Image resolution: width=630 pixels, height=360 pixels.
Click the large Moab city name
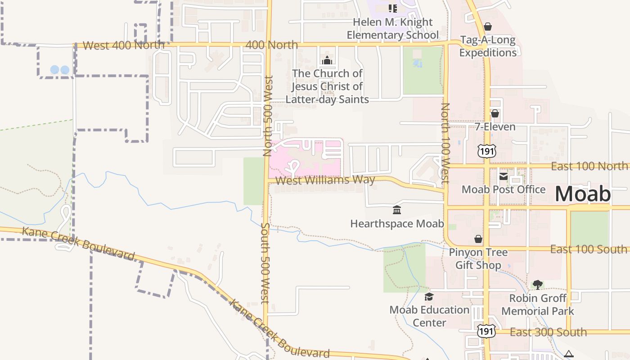click(583, 194)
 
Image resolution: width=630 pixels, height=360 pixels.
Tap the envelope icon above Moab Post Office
click(504, 176)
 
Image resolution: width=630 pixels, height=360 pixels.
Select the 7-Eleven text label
click(495, 127)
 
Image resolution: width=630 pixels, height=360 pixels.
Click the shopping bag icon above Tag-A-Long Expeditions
click(488, 27)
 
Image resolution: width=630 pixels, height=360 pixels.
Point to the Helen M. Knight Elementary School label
click(392, 28)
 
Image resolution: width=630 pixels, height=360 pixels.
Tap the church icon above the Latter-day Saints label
click(327, 60)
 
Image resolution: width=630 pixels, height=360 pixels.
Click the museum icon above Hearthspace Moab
click(397, 210)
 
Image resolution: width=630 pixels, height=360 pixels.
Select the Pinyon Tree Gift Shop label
click(478, 259)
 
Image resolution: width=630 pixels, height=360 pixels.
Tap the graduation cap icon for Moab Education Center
click(429, 297)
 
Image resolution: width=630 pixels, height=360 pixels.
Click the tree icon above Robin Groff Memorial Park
click(537, 284)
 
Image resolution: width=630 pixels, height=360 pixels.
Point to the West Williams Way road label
click(325, 180)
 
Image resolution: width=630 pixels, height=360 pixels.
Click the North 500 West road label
click(268, 116)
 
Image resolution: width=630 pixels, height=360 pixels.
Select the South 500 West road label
click(265, 263)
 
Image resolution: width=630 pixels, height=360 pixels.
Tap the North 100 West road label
click(445, 143)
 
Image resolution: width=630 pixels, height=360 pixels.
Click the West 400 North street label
click(124, 45)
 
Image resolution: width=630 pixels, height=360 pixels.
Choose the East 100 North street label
click(589, 166)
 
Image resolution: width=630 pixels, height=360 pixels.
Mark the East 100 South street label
click(589, 249)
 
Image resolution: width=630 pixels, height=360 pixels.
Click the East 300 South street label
click(548, 332)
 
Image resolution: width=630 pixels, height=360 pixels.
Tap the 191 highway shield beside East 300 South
click(486, 331)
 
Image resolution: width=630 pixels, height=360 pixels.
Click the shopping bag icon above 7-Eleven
click(495, 113)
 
